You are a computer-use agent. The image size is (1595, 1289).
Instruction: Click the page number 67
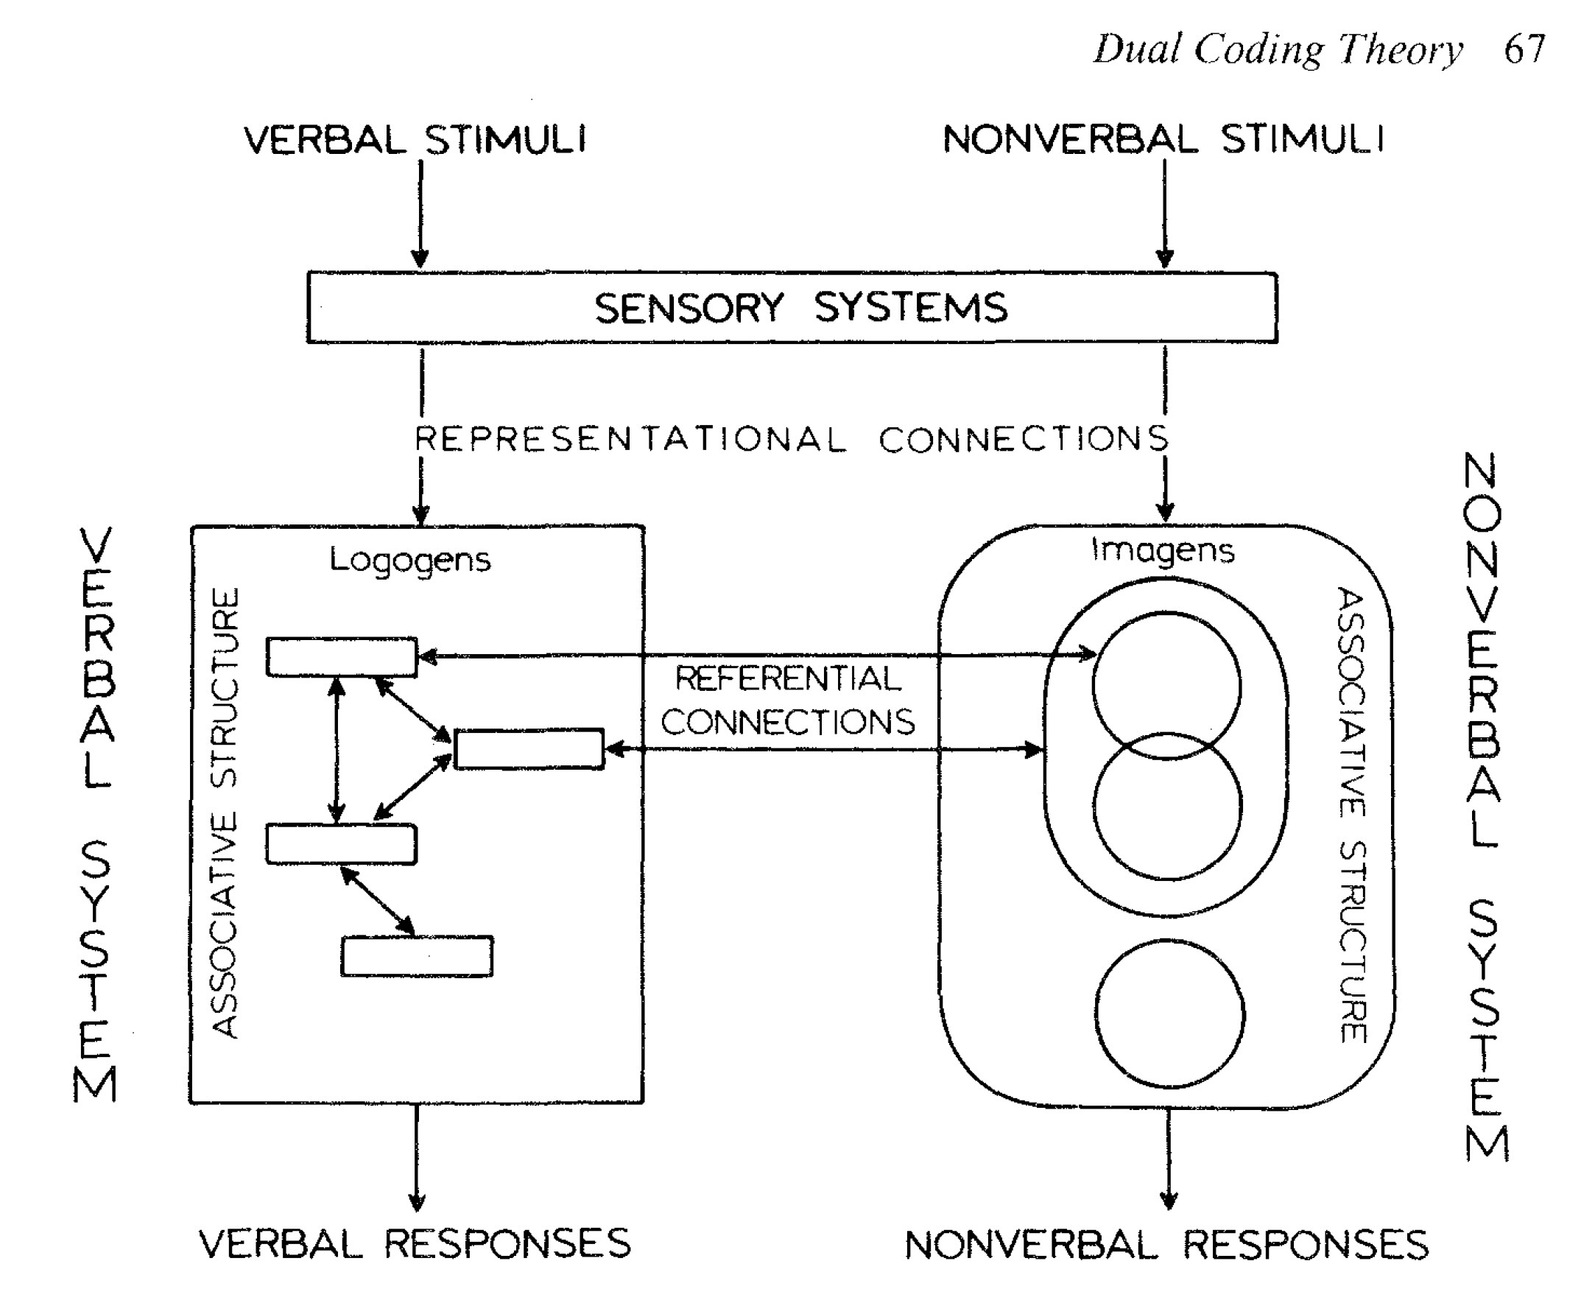point(1524,51)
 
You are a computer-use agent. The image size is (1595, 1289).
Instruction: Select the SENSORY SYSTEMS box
point(792,307)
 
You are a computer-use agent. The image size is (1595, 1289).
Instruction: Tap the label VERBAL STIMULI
point(415,140)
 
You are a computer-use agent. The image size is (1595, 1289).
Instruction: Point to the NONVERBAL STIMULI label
point(1163,140)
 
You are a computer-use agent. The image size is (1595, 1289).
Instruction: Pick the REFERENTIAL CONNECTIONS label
point(788,700)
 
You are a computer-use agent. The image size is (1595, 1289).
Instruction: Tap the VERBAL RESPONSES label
point(415,1244)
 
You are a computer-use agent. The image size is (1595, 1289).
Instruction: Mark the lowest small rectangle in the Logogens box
point(417,956)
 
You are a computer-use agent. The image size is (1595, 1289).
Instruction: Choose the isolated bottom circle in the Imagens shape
point(1169,1014)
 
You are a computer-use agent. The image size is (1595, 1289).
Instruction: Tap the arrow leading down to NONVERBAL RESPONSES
point(1169,1159)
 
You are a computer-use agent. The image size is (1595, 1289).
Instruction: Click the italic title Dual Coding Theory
point(1278,51)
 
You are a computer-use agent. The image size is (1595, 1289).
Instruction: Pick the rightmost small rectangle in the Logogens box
point(529,749)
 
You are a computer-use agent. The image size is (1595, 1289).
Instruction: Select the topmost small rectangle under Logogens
point(342,657)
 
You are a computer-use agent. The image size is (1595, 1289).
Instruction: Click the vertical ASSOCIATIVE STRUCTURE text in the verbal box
point(225,813)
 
